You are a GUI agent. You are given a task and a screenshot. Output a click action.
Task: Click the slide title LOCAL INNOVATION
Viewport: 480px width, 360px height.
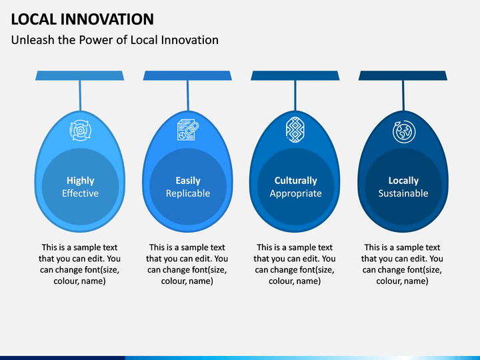(x=83, y=19)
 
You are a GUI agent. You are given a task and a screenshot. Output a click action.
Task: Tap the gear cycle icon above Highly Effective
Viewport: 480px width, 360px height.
(x=80, y=131)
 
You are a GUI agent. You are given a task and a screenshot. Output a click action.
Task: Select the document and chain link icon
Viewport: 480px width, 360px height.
(x=188, y=130)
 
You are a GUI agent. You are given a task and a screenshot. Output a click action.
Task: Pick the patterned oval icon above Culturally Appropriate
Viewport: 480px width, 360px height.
(x=295, y=129)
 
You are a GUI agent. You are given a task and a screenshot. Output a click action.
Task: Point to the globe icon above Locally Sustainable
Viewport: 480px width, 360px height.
(x=404, y=131)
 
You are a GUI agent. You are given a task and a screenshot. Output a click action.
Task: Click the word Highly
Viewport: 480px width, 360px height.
(x=81, y=181)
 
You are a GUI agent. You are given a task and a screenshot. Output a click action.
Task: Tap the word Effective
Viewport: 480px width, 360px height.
(x=80, y=193)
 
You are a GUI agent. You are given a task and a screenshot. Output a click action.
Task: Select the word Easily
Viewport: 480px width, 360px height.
(x=188, y=181)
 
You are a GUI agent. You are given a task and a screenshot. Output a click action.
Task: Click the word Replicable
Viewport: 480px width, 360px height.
(x=188, y=193)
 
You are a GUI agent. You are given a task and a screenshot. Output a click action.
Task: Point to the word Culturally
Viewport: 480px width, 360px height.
(x=296, y=181)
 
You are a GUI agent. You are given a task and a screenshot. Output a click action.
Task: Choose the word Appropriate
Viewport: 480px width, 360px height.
(x=296, y=194)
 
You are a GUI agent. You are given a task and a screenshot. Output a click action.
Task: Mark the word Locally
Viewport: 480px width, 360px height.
(x=403, y=181)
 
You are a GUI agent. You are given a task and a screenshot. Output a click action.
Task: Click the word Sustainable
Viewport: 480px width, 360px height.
(x=403, y=193)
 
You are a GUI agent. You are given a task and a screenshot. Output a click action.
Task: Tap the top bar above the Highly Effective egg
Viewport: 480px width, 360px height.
(x=79, y=75)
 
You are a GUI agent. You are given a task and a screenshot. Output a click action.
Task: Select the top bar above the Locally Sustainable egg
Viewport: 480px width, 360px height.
(x=403, y=75)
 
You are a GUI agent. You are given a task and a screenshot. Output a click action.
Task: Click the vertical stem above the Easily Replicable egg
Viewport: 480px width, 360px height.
(x=187, y=95)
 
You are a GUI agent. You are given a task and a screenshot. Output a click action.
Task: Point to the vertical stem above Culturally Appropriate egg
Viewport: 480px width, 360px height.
(x=295, y=95)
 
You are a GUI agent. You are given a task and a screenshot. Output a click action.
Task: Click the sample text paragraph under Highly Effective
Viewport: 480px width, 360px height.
(x=79, y=264)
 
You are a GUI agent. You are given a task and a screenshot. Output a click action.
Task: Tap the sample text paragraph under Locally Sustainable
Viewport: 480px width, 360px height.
(x=402, y=264)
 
